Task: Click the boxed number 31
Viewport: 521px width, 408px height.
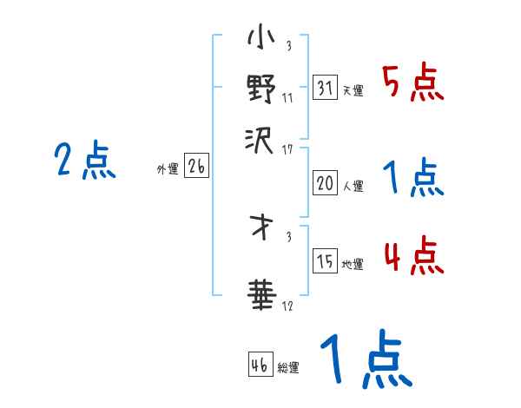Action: pyautogui.click(x=325, y=88)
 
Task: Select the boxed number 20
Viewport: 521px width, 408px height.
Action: pyautogui.click(x=325, y=183)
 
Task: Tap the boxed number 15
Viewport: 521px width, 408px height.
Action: pyautogui.click(x=325, y=262)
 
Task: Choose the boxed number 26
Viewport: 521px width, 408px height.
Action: pyautogui.click(x=196, y=168)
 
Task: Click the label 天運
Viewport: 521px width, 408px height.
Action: pyautogui.click(x=353, y=90)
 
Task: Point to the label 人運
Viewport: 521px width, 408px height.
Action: pyautogui.click(x=353, y=186)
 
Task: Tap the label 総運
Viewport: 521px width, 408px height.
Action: pyautogui.click(x=288, y=367)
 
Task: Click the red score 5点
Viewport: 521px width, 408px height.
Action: pyautogui.click(x=412, y=82)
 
